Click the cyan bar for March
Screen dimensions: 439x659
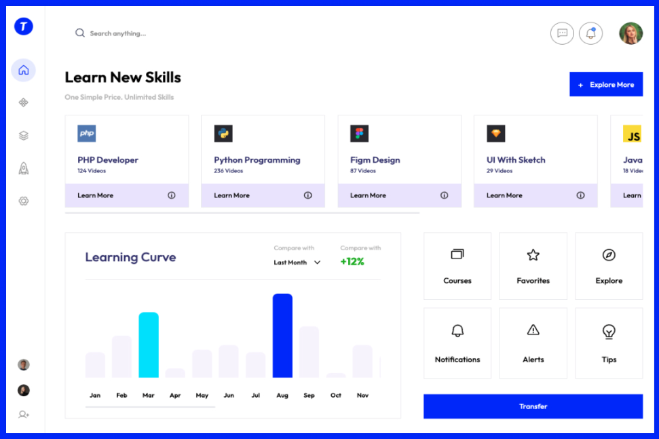pyautogui.click(x=149, y=345)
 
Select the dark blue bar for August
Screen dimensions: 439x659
pyautogui.click(x=282, y=335)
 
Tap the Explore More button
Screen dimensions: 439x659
pyautogui.click(x=605, y=85)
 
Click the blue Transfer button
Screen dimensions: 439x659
pyautogui.click(x=533, y=406)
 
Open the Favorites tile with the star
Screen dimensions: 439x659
pyautogui.click(x=533, y=266)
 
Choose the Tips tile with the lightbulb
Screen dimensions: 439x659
pyautogui.click(x=609, y=343)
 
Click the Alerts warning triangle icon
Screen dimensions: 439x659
pyautogui.click(x=533, y=330)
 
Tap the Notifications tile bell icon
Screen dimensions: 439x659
pyautogui.click(x=457, y=331)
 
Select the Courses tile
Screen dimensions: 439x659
pyautogui.click(x=457, y=266)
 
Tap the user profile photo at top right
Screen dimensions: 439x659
pyautogui.click(x=630, y=33)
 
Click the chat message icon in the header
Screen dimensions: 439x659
pyautogui.click(x=562, y=33)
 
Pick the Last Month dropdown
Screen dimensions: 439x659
pyautogui.click(x=297, y=263)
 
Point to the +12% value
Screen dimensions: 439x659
pyautogui.click(x=352, y=262)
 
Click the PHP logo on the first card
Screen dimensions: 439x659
pyautogui.click(x=87, y=133)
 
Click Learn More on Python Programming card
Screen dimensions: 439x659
pyautogui.click(x=231, y=195)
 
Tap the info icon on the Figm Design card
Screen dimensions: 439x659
pyautogui.click(x=444, y=195)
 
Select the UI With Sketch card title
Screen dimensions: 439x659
pyautogui.click(x=516, y=160)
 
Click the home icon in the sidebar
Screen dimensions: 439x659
pyautogui.click(x=24, y=70)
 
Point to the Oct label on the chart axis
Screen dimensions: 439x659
pyautogui.click(x=336, y=395)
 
